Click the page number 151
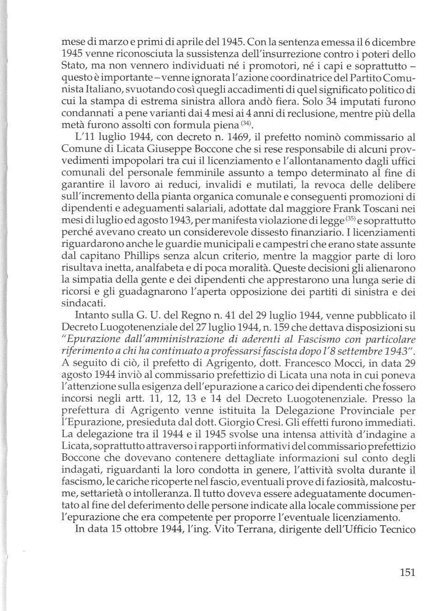(x=408, y=573)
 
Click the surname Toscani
(x=395, y=208)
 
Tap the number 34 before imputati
(x=313, y=101)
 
